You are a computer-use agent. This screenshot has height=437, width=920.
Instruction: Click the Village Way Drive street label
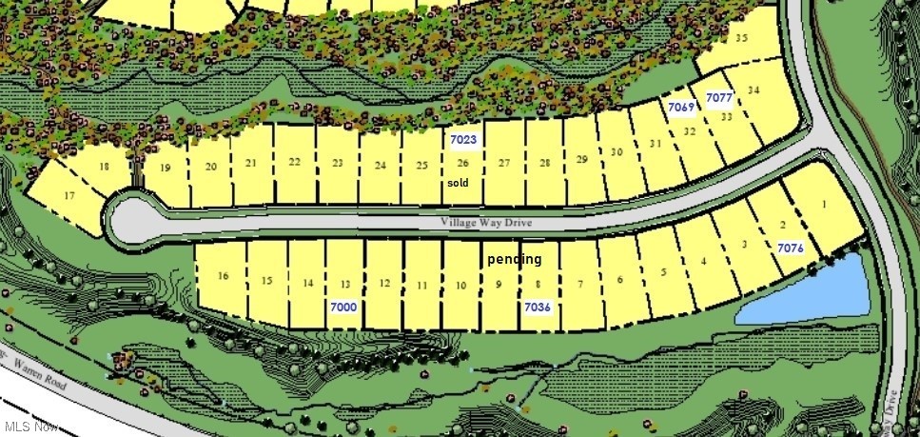[485, 222]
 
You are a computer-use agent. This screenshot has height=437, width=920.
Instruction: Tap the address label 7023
[463, 140]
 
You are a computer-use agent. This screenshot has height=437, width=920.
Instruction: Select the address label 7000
[343, 308]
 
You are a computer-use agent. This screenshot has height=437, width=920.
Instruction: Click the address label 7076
[792, 248]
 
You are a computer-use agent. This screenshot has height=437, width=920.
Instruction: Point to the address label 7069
[680, 107]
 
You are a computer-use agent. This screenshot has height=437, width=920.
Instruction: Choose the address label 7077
[719, 98]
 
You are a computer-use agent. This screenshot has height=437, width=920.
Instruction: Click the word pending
[514, 259]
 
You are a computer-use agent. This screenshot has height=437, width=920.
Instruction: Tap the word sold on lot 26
[458, 182]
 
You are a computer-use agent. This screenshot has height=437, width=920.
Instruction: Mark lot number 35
[742, 38]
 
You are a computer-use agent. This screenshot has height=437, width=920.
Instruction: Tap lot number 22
[295, 162]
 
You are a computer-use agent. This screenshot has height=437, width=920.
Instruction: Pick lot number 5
[663, 270]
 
